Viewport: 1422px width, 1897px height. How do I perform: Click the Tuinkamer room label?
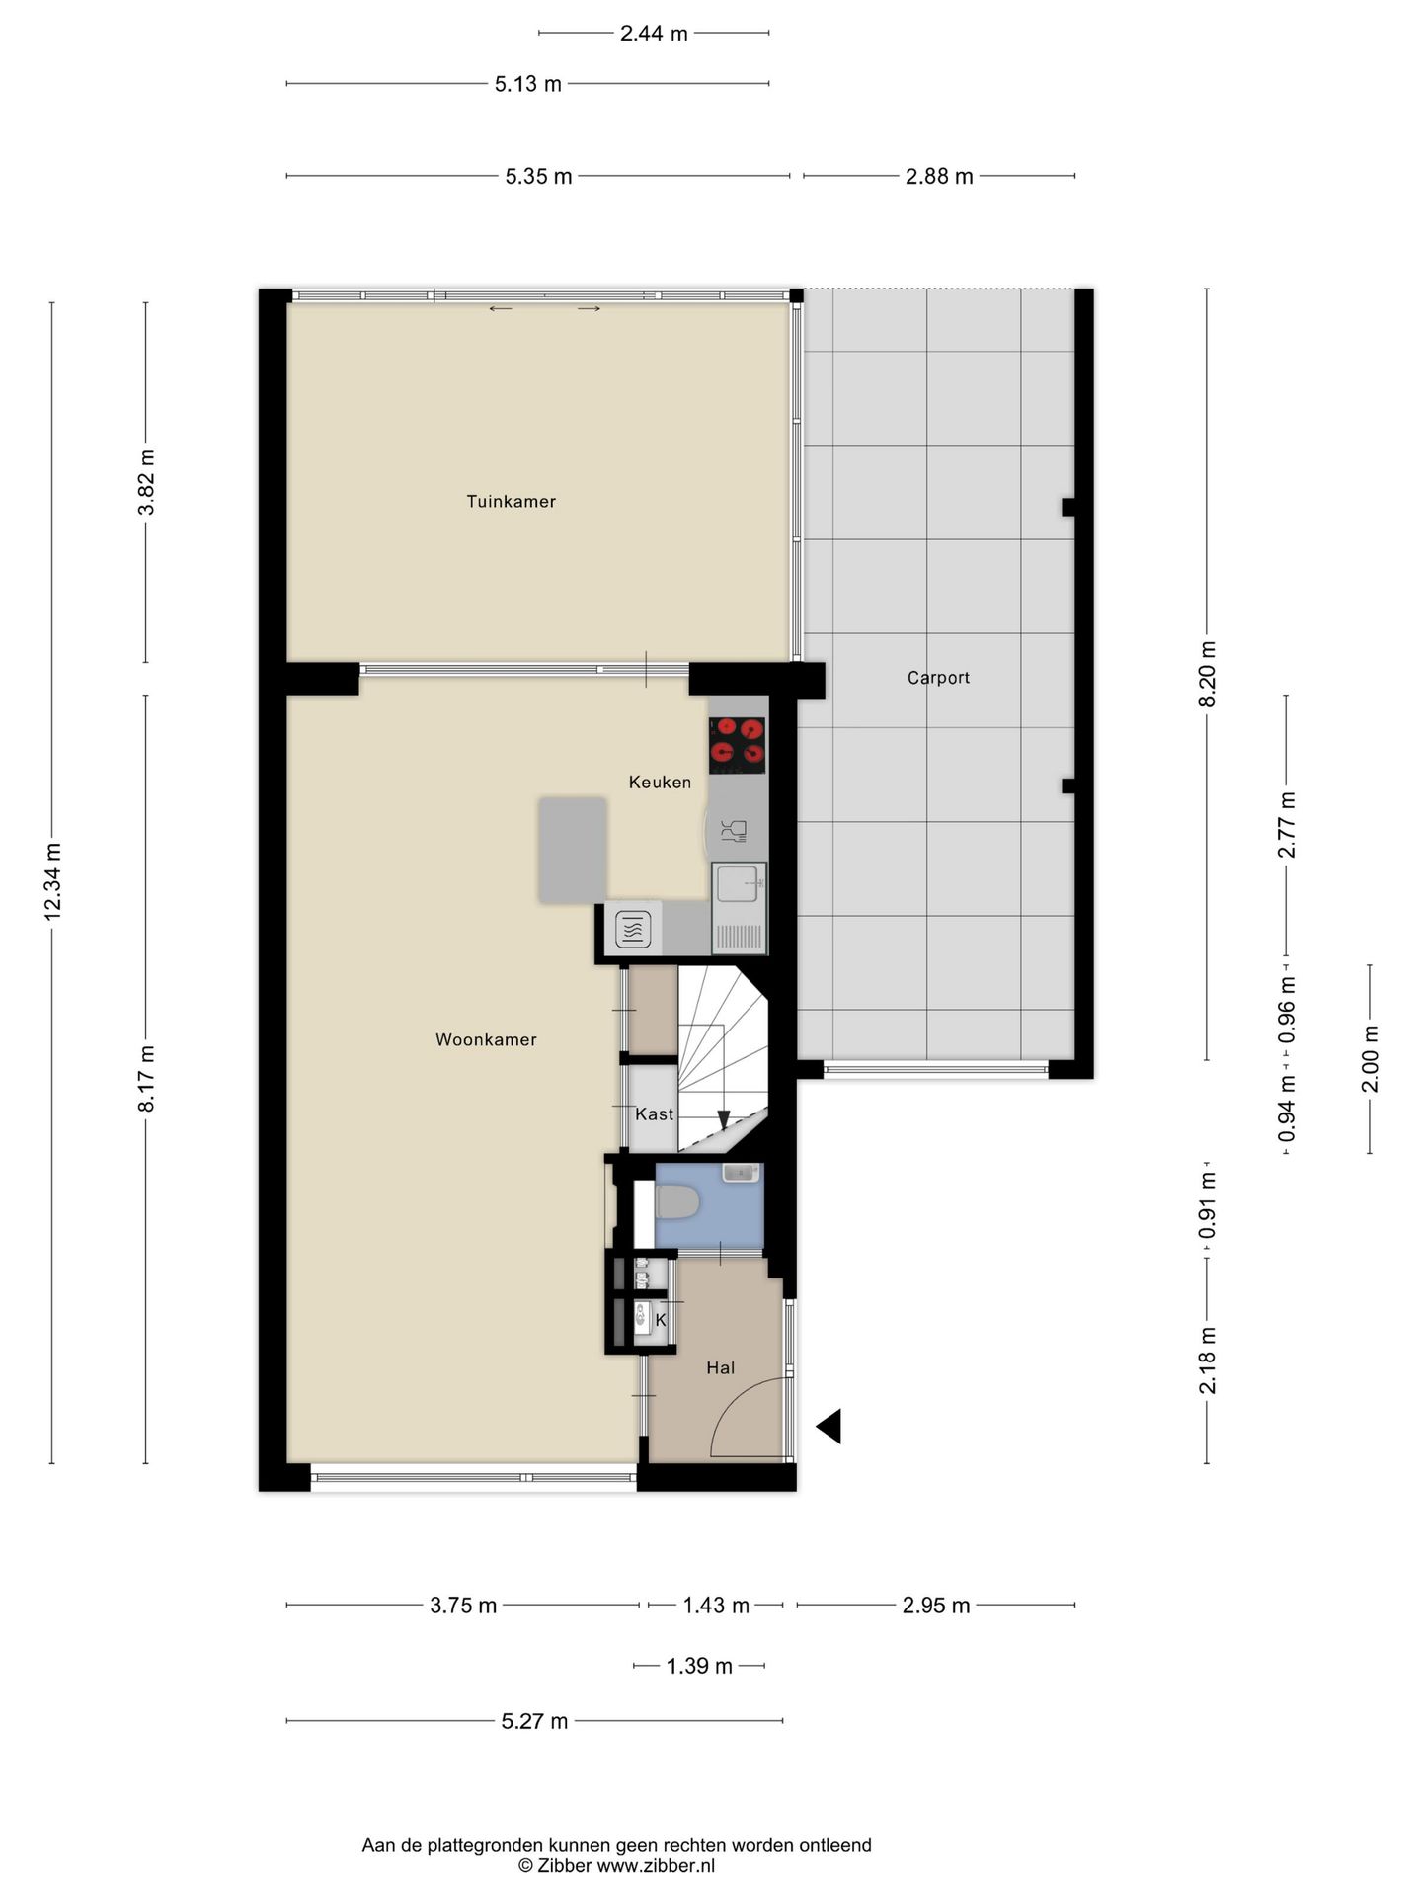point(511,501)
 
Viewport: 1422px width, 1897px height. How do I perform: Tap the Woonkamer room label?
point(486,1039)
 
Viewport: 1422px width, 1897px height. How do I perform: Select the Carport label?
point(938,678)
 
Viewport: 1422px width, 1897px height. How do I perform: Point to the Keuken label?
point(660,783)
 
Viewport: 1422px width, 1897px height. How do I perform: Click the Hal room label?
point(720,1368)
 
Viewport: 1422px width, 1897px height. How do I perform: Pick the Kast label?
point(654,1114)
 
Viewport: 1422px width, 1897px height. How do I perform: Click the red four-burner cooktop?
point(738,745)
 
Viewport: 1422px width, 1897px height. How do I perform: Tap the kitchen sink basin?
point(737,883)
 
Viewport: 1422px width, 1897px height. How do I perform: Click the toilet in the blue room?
point(677,1203)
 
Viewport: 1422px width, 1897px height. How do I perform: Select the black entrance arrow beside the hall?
point(829,1427)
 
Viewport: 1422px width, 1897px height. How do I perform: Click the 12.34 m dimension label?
point(53,882)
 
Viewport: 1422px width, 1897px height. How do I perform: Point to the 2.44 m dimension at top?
point(654,34)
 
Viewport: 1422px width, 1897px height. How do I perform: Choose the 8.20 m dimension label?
point(1207,674)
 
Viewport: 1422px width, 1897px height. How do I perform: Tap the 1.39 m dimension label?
point(699,1666)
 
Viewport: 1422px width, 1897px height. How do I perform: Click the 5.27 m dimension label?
point(534,1721)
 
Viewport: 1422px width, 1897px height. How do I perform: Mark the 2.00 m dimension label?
point(1371,1058)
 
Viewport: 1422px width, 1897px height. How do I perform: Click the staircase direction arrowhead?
point(724,1120)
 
